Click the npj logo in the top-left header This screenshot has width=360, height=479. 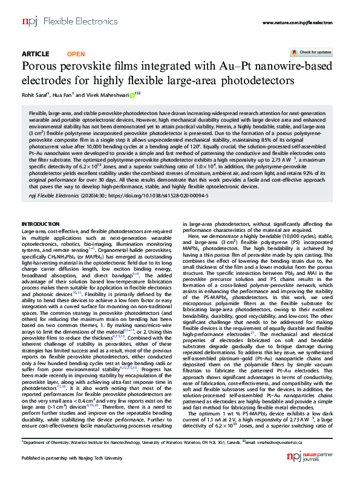click(28, 22)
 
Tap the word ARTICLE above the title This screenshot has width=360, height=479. click(35, 53)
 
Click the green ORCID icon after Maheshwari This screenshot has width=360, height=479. click(131, 94)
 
